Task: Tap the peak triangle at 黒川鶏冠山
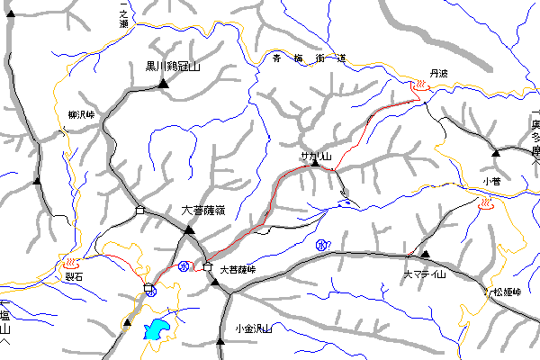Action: point(164,84)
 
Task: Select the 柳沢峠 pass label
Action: point(81,115)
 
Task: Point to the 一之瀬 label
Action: point(124,15)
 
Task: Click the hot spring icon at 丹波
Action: point(419,86)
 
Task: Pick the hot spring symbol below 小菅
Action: point(484,205)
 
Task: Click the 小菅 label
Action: point(490,181)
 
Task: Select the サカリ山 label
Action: point(317,157)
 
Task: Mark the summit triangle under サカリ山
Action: point(315,166)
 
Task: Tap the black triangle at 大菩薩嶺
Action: point(189,229)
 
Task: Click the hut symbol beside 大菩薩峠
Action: point(207,266)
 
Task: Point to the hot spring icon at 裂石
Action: point(73,263)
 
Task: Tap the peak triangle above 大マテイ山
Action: point(426,255)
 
